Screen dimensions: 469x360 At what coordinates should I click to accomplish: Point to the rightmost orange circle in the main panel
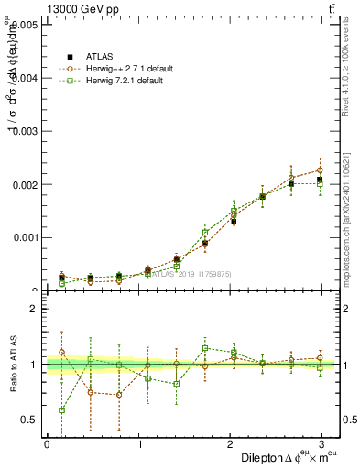320,170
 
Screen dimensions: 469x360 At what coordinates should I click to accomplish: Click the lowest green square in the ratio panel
61,410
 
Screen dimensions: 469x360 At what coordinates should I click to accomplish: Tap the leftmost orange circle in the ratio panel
61,352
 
